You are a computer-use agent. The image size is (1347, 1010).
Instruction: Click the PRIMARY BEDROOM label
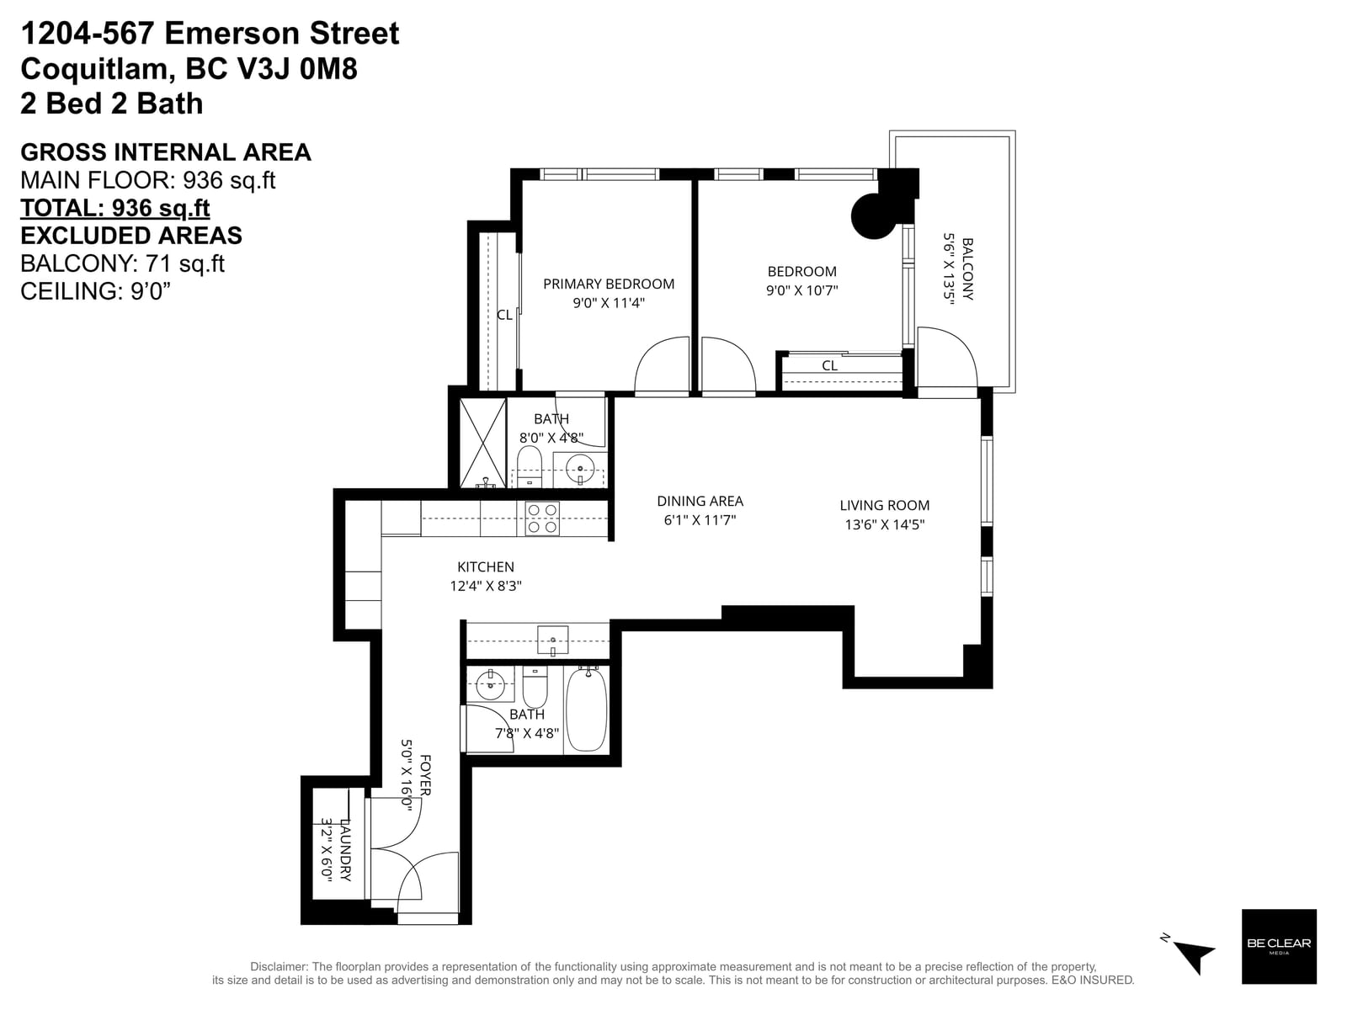pos(608,284)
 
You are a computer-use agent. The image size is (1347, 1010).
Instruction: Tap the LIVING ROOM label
pos(884,505)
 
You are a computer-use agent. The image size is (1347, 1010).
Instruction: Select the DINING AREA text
pos(700,501)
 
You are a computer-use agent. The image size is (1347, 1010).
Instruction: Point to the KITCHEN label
pos(486,567)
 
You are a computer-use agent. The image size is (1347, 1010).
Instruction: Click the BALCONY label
pos(968,269)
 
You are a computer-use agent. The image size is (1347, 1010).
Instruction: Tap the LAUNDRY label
pos(345,850)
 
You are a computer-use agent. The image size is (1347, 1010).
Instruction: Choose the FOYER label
pos(425,776)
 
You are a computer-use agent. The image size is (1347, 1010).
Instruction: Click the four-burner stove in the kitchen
pos(542,518)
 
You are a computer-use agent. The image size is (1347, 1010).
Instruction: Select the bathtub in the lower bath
pos(587,710)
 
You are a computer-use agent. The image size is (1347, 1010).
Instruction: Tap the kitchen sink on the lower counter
pos(552,641)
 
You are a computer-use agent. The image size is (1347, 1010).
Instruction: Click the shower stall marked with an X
pos(483,443)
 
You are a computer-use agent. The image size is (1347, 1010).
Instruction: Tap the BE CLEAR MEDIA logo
pos(1279,946)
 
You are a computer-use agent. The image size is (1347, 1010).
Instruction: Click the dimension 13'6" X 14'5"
pos(884,524)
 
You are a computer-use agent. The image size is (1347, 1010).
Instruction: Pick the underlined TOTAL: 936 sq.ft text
pos(115,208)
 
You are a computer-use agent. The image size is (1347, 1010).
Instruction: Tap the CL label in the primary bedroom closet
pos(504,315)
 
